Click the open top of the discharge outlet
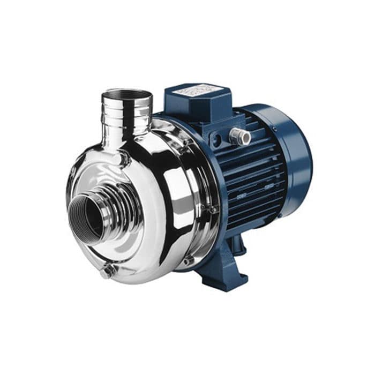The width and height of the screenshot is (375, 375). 127,95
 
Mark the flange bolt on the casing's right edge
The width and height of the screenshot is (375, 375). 214,209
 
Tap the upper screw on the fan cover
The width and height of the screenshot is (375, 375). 273,128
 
